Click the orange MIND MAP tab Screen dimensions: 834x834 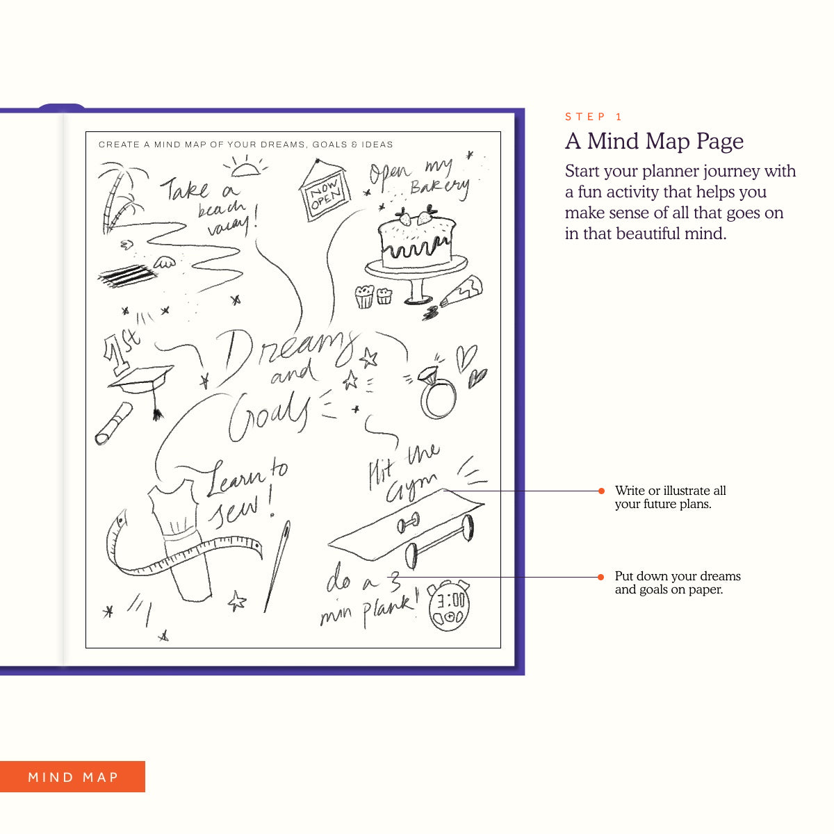(x=72, y=776)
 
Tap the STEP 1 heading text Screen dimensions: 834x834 (x=594, y=117)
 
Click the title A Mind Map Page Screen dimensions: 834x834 (x=654, y=141)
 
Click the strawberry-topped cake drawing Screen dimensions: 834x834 (x=416, y=254)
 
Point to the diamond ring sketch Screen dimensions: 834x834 (x=436, y=392)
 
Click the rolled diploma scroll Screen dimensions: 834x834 (x=113, y=423)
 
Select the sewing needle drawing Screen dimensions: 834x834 (x=277, y=566)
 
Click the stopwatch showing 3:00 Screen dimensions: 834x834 (x=449, y=605)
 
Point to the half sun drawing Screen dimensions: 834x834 (x=245, y=167)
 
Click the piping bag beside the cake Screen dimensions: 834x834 (x=461, y=291)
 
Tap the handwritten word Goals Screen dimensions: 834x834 (x=268, y=416)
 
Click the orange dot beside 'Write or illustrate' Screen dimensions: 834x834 (x=601, y=491)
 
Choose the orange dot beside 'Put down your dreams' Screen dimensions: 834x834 (x=600, y=577)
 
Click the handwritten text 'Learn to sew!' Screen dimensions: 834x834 (x=245, y=493)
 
